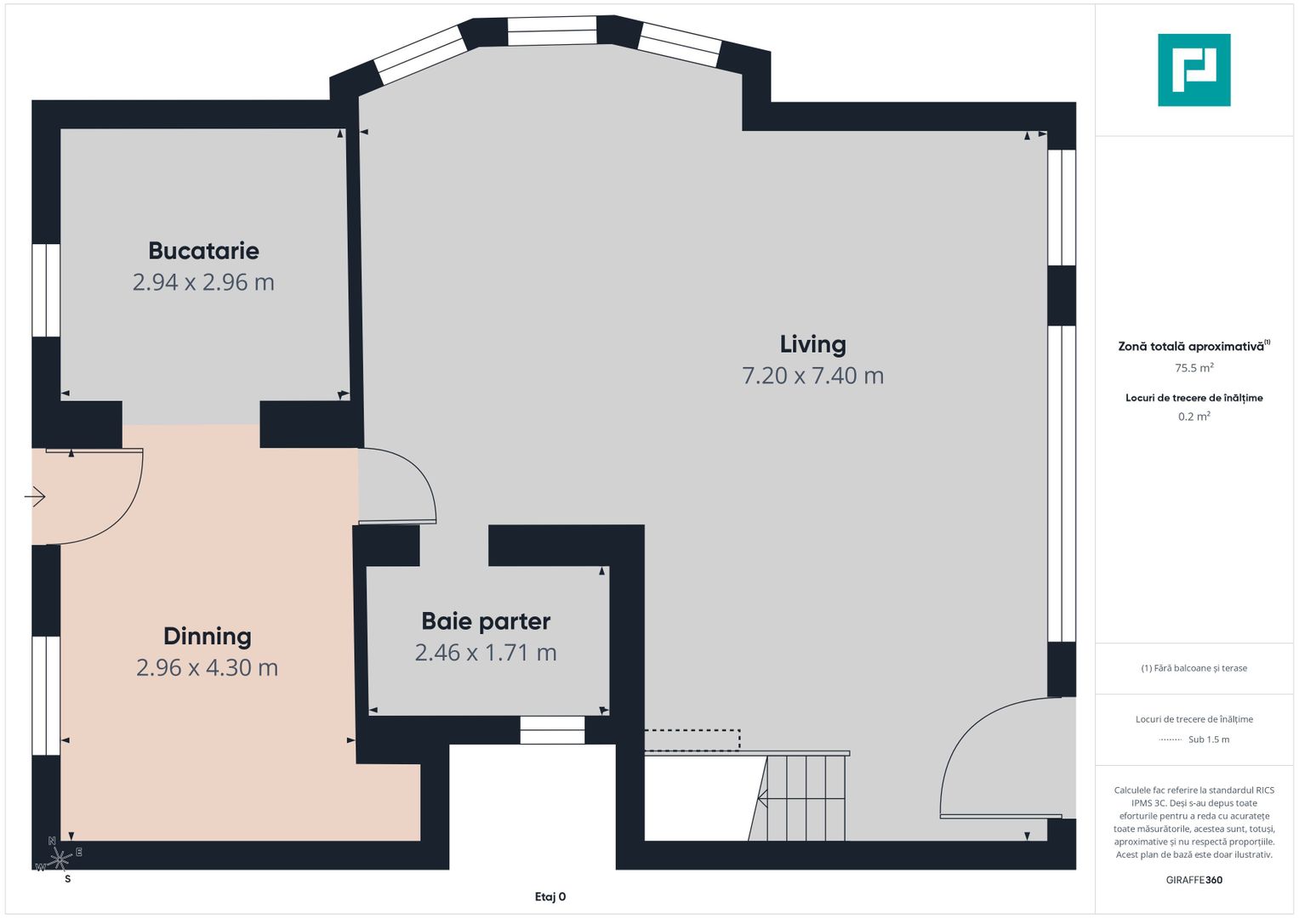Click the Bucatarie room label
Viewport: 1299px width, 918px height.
click(203, 251)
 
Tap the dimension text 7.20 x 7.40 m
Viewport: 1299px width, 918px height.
click(812, 376)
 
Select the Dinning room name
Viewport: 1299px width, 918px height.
click(207, 636)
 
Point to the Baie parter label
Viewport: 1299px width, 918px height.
click(486, 621)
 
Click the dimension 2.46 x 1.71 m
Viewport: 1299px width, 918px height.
click(486, 653)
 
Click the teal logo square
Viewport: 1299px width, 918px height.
click(1194, 70)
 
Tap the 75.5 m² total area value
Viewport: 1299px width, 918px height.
click(1194, 368)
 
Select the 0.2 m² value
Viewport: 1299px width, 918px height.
click(1194, 416)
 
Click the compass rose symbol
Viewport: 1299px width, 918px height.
click(59, 859)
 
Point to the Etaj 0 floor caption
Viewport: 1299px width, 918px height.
click(550, 897)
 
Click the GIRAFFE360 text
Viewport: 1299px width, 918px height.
click(1194, 880)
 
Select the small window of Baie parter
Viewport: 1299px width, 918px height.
click(552, 730)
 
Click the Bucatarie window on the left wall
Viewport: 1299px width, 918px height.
click(46, 290)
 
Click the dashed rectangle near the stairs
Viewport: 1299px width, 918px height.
click(692, 740)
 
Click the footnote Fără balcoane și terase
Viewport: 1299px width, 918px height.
click(1194, 668)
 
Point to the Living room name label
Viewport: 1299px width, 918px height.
click(812, 344)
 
